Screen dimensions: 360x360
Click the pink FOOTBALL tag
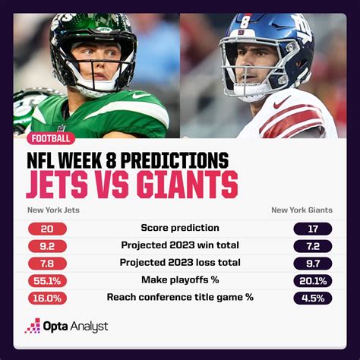51,138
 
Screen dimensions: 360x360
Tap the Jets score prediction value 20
47,229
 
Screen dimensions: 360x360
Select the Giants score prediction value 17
313,229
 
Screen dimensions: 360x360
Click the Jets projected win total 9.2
47,246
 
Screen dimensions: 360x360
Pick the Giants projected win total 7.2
313,246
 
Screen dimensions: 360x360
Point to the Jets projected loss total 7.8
47,264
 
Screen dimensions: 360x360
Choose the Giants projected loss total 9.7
313,264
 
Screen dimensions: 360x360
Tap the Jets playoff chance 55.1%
47,281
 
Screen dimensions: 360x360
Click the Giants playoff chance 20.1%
313,281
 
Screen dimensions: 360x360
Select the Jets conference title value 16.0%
47,298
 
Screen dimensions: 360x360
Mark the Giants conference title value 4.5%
313,298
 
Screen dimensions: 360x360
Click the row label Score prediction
180,228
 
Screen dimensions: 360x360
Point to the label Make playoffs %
180,279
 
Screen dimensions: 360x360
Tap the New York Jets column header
53,210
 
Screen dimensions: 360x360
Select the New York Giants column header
302,210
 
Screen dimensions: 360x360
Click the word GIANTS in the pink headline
188,185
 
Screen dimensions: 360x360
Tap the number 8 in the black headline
111,160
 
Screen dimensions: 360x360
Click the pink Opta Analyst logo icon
33,326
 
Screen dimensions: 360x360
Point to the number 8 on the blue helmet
245,22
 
